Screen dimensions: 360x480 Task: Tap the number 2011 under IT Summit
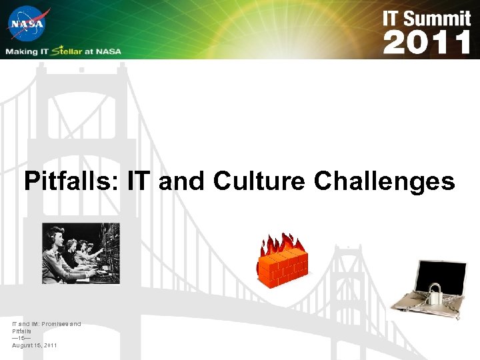coord(427,43)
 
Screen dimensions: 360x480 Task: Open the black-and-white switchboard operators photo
coord(81,253)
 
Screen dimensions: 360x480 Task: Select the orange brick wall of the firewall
coord(283,270)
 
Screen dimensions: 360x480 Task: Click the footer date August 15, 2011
coord(35,345)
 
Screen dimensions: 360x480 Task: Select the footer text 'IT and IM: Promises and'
coord(46,324)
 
